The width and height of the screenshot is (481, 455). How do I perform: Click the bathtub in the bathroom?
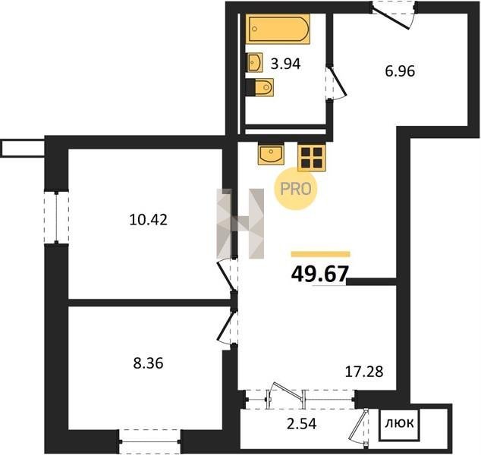click(278, 29)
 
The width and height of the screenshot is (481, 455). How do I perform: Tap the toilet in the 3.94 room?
click(259, 88)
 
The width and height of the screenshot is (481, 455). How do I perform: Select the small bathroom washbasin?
click(254, 62)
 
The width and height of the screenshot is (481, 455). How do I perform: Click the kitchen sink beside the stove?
click(271, 154)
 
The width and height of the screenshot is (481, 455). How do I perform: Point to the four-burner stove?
click(311, 158)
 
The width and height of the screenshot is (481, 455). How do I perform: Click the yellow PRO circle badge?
click(295, 189)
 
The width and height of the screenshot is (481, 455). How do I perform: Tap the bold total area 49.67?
click(320, 274)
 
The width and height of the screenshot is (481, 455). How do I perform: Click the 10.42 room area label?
click(149, 220)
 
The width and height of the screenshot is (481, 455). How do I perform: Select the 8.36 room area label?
click(148, 364)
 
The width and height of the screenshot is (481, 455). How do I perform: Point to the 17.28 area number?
click(364, 372)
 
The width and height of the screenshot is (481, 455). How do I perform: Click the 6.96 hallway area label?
click(400, 71)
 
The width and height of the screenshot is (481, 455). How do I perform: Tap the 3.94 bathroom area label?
click(285, 64)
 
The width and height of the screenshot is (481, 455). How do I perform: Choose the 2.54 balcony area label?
click(301, 424)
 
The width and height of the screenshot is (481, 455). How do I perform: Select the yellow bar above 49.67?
click(321, 254)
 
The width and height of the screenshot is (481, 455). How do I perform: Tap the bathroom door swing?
click(336, 82)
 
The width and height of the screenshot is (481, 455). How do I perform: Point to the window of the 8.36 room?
click(149, 441)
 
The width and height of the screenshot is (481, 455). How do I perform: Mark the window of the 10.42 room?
click(56, 218)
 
